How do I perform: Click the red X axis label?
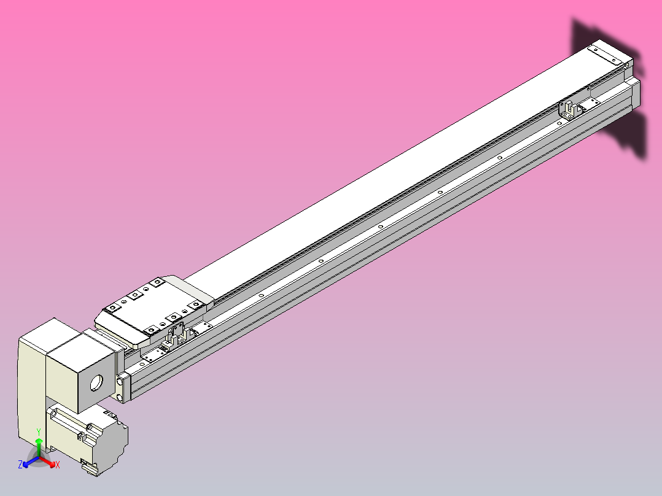[58, 465]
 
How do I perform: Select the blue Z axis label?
[20, 465]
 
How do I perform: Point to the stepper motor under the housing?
[92, 437]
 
